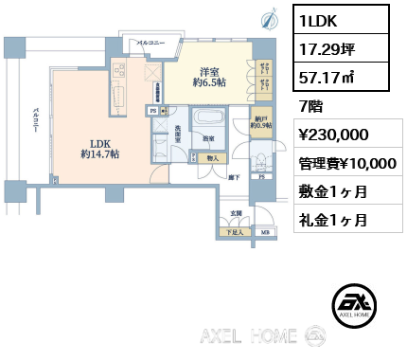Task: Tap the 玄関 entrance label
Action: [x=236, y=214]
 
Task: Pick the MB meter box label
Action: [x=265, y=232]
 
